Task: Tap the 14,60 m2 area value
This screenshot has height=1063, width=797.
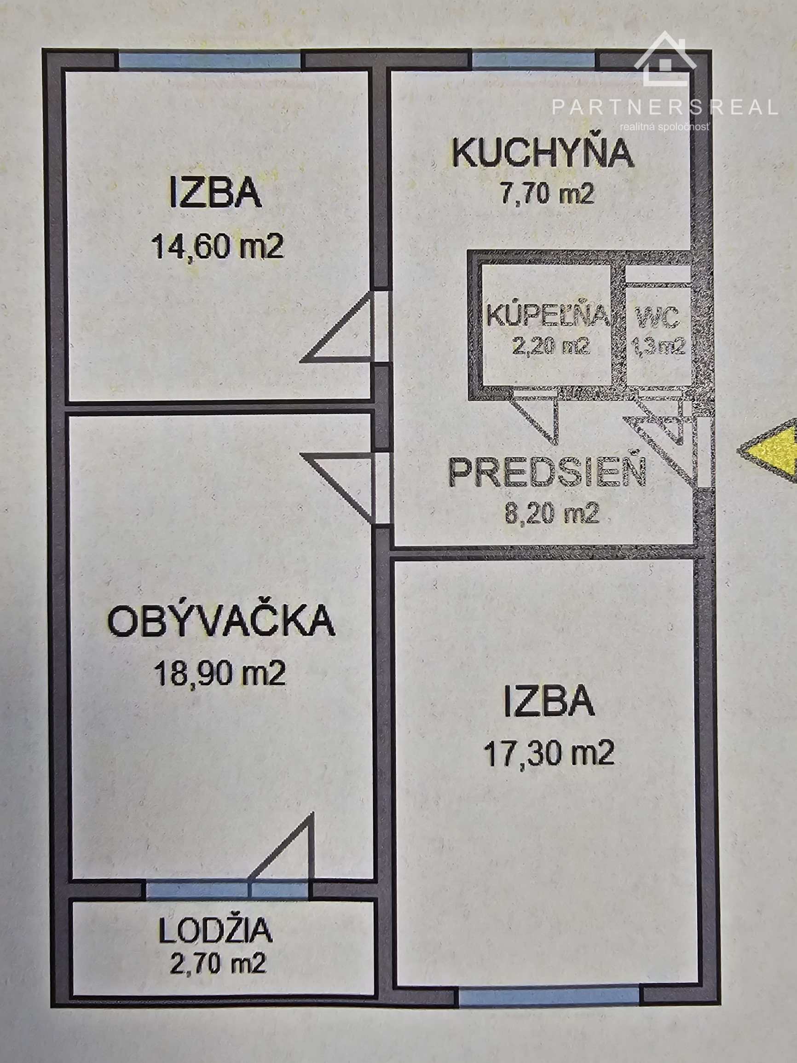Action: pyautogui.click(x=218, y=246)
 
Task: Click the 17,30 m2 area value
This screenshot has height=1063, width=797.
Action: pyautogui.click(x=549, y=753)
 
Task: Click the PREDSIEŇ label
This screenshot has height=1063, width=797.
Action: pyautogui.click(x=548, y=472)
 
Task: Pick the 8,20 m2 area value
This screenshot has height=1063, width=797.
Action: pyautogui.click(x=552, y=513)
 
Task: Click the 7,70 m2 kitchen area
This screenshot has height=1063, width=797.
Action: pyautogui.click(x=548, y=194)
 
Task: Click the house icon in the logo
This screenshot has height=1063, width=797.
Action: pyautogui.click(x=665, y=58)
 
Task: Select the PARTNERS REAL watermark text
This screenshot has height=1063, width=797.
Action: pyautogui.click(x=665, y=107)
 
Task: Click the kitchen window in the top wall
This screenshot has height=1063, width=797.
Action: pyautogui.click(x=534, y=60)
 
